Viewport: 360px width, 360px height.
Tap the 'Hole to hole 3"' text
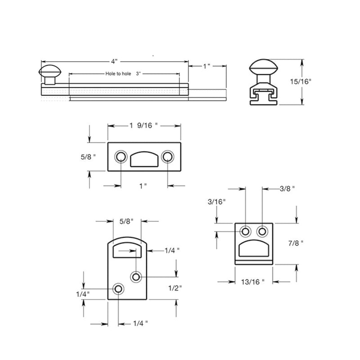(122, 73)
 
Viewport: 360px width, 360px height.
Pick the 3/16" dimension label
(217, 202)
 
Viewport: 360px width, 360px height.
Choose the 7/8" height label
(296, 243)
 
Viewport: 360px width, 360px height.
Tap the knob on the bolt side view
(49, 72)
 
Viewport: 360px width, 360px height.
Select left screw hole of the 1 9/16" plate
(121, 157)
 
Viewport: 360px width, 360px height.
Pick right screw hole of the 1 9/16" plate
(168, 157)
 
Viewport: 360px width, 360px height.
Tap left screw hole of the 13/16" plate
(246, 231)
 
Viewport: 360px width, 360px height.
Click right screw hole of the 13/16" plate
(262, 231)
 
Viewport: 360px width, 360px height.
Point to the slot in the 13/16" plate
(254, 249)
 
